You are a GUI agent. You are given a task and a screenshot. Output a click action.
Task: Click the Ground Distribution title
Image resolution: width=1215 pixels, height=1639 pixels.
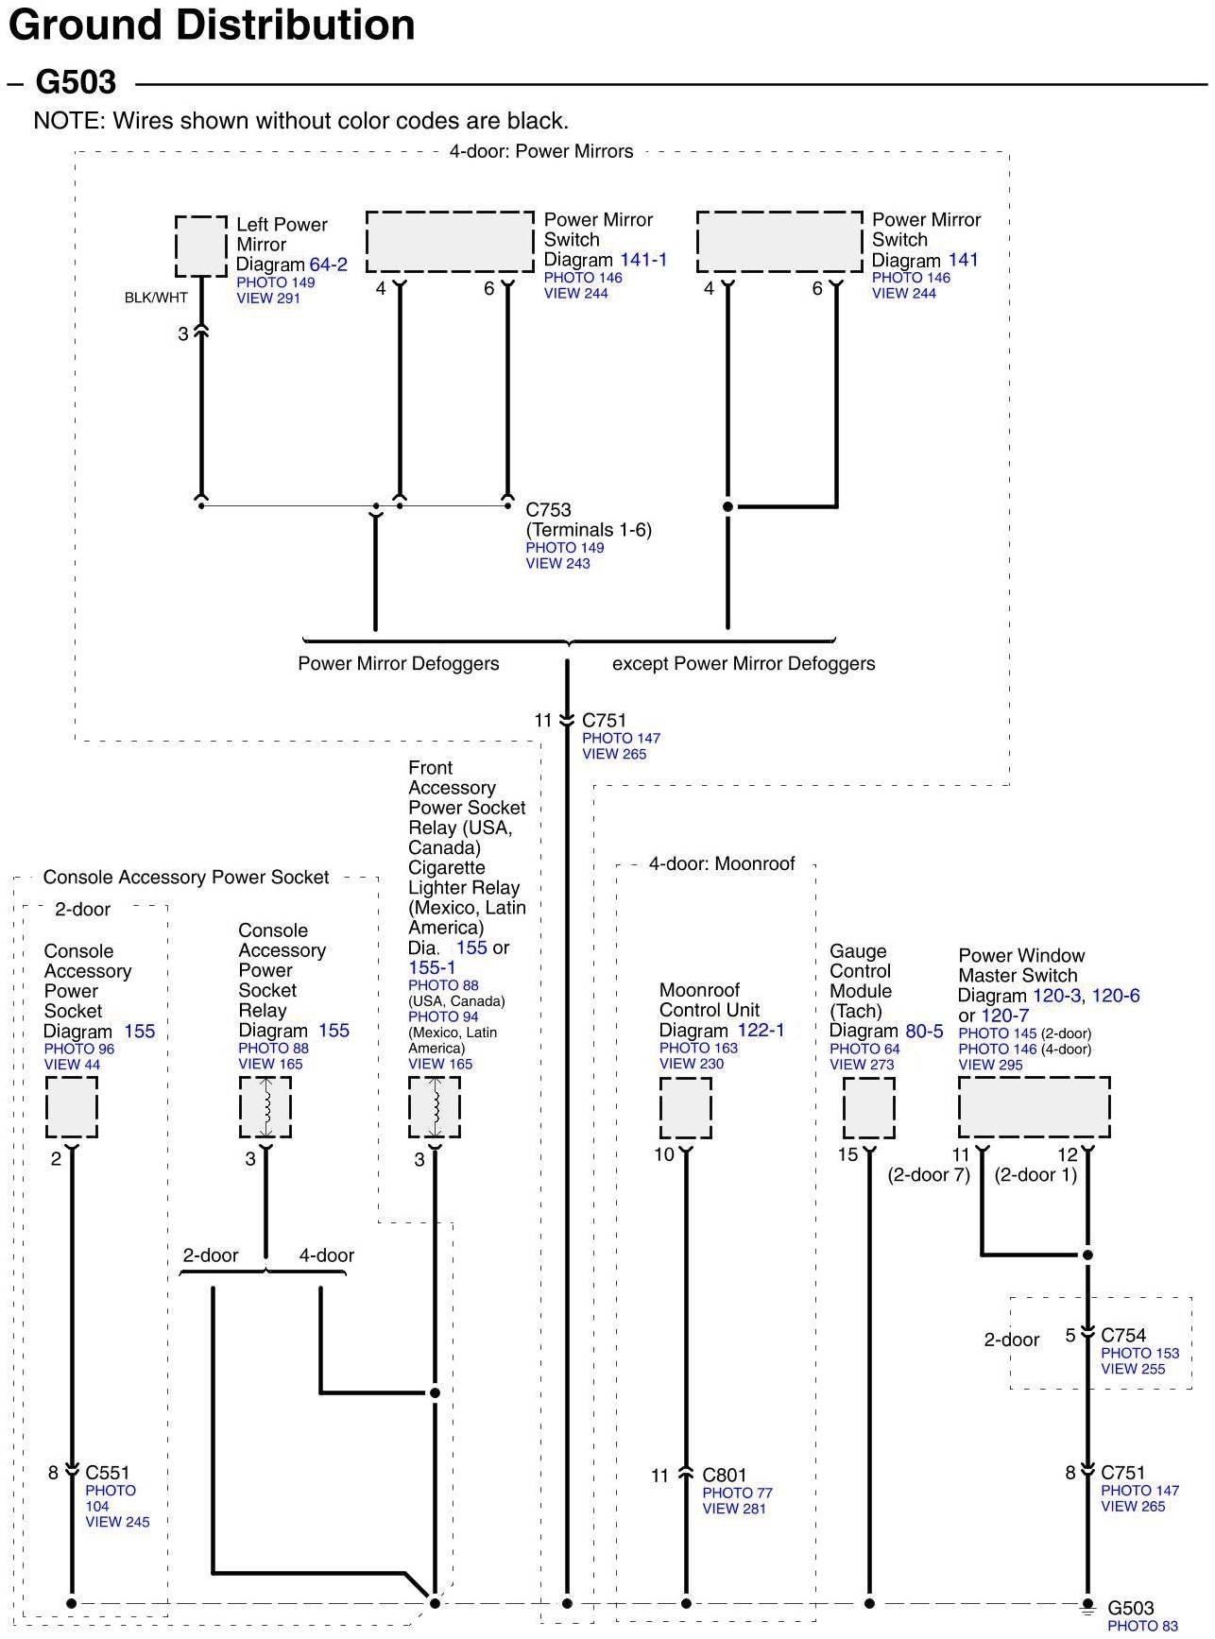(212, 26)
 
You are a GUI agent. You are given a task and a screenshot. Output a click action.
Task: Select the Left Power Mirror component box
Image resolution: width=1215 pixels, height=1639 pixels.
(201, 247)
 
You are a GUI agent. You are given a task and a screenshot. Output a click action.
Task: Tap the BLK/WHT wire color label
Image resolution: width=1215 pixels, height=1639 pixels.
(156, 298)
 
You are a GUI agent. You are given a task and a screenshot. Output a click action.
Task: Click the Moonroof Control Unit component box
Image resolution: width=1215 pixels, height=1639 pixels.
(685, 1108)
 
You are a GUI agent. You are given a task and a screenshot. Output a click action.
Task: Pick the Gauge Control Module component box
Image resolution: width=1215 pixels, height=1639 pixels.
(868, 1108)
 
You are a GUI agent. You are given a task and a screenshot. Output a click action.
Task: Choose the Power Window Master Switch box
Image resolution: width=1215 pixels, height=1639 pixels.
(1034, 1107)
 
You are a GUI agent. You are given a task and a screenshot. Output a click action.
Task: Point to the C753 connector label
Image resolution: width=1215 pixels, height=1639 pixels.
(548, 510)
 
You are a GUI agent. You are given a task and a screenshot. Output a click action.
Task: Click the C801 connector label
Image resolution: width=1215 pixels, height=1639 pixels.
(725, 1475)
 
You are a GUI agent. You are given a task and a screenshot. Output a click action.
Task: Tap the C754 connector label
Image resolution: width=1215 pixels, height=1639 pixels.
(1123, 1335)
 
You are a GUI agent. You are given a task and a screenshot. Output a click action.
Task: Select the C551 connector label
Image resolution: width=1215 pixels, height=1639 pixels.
(108, 1472)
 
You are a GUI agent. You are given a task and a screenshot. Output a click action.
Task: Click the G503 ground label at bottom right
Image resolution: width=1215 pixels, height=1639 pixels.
(1131, 1608)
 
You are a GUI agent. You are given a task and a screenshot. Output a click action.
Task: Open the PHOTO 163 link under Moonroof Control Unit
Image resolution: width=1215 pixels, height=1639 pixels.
(698, 1049)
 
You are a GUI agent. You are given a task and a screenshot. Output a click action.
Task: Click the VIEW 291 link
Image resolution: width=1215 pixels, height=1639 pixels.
(268, 299)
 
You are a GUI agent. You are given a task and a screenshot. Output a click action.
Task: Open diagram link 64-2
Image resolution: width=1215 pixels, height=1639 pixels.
(328, 265)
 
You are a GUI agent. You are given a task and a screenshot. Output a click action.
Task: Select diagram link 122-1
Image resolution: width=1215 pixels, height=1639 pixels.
(761, 1031)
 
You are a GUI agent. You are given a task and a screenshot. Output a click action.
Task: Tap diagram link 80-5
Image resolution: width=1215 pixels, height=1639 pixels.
(924, 1032)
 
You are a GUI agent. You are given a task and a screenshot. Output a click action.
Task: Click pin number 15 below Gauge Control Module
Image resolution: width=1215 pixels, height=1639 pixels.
(847, 1154)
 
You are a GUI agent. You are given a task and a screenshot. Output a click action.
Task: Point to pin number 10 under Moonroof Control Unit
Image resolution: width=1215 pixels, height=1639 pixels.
(664, 1154)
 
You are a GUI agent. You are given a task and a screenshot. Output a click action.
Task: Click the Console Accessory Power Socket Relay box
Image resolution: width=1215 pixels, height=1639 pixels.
(265, 1107)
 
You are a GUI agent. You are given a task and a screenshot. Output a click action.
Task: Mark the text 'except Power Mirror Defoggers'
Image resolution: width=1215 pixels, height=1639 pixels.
(744, 663)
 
